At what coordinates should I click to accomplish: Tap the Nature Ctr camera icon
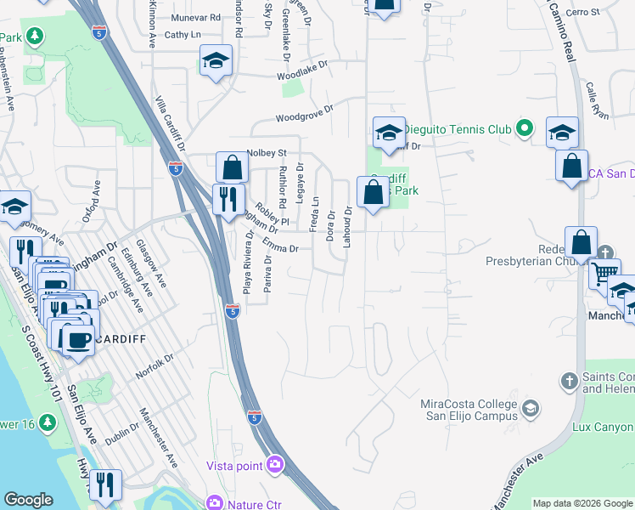[216, 503]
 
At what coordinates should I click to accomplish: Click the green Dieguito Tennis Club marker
[525, 128]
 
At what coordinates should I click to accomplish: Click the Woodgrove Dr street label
[304, 113]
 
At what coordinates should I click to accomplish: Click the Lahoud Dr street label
[348, 226]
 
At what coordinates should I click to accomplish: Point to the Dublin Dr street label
[121, 437]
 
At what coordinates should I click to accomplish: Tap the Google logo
[28, 500]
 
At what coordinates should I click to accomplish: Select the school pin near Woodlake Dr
[216, 62]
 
